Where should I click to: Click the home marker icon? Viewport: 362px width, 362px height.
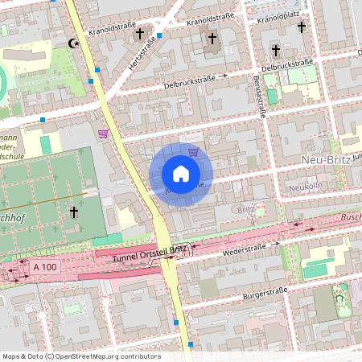coord(181,174)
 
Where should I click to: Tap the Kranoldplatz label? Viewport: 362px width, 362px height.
coord(283,15)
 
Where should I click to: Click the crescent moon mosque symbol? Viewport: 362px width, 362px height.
coord(76,43)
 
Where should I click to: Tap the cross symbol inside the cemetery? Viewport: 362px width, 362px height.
coord(73,212)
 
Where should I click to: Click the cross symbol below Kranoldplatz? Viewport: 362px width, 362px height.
coord(302,27)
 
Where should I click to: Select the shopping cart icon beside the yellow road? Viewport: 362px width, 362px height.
coord(102,134)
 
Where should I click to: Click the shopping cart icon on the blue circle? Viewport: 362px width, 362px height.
coord(193,150)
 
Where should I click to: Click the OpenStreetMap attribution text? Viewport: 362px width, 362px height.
coord(80,356)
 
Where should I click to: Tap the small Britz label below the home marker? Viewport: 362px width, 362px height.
coord(246,209)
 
